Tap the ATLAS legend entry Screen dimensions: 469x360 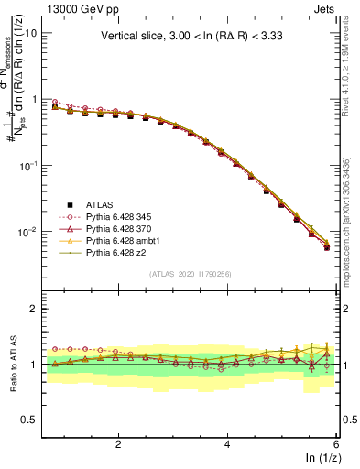(x=97, y=203)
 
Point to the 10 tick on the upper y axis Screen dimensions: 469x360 (x=30, y=32)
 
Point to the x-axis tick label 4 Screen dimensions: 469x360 (x=227, y=444)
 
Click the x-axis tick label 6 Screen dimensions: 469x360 (x=336, y=444)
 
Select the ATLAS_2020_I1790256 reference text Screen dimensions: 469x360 (x=190, y=274)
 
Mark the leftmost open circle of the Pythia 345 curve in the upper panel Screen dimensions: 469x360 (x=54, y=102)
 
